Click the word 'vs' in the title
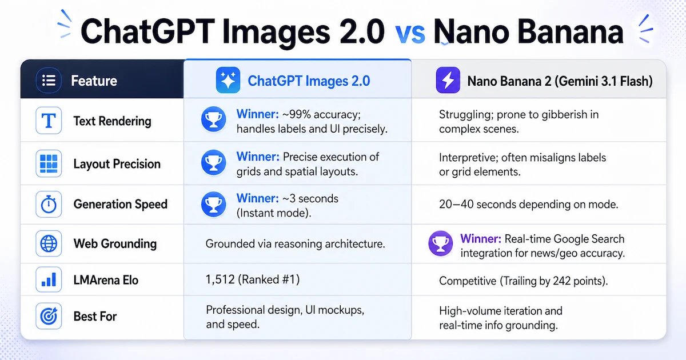click(410, 33)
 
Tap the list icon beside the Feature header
click(49, 81)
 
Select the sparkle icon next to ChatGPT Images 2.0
click(228, 81)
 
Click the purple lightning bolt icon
click(448, 81)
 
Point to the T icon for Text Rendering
click(49, 121)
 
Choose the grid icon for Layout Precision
click(49, 164)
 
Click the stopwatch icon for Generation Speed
click(49, 204)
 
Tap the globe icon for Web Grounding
click(49, 244)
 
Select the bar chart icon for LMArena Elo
click(49, 280)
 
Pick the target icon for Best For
click(49, 316)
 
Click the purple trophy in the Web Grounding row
click(440, 245)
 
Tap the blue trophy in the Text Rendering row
click(213, 121)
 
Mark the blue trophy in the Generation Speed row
click(213, 205)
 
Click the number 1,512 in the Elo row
click(221, 280)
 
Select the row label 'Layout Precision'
click(117, 164)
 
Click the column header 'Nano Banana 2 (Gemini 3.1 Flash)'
click(560, 81)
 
